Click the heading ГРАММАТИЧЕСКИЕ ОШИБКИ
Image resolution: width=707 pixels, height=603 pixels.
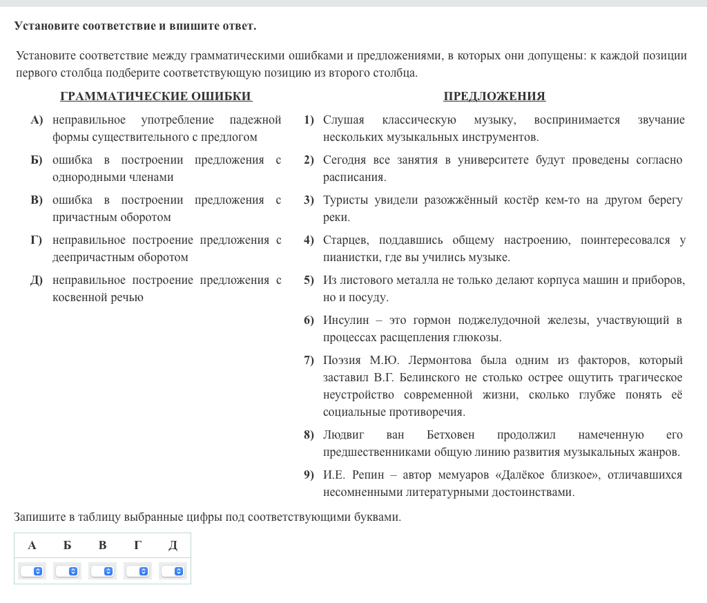[x=156, y=97]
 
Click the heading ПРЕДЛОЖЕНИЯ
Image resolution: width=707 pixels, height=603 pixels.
[x=494, y=97]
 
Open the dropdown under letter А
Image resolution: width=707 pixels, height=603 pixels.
[x=32, y=571]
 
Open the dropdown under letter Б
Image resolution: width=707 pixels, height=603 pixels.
[x=67, y=571]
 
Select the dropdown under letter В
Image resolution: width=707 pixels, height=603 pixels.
[x=102, y=571]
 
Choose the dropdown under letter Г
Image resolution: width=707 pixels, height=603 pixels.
[x=137, y=571]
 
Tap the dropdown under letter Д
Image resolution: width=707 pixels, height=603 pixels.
[x=173, y=571]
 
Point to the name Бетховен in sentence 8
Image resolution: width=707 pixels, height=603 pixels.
[x=450, y=435]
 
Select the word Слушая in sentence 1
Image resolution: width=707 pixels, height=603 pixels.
[x=343, y=120]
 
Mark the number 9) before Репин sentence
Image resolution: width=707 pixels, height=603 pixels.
[x=309, y=475]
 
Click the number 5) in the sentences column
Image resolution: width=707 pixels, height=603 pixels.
[x=309, y=280]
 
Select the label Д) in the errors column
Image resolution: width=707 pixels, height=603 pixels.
[x=37, y=280]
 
